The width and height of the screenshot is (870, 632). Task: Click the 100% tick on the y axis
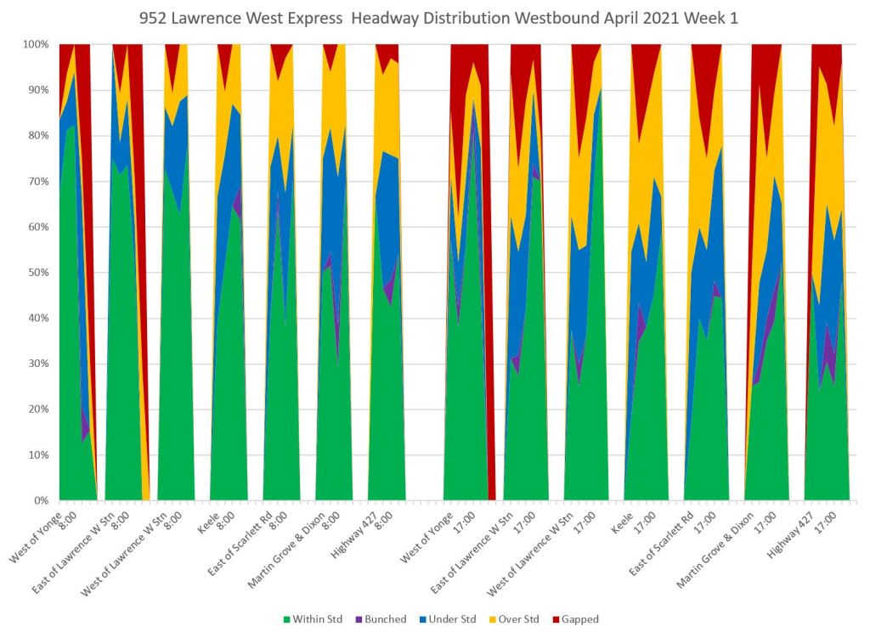tap(36, 44)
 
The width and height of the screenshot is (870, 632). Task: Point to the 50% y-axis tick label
tap(39, 273)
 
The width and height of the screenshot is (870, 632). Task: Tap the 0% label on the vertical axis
tap(42, 501)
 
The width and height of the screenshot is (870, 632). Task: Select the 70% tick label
tap(39, 181)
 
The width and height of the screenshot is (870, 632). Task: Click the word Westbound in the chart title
tap(543, 18)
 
